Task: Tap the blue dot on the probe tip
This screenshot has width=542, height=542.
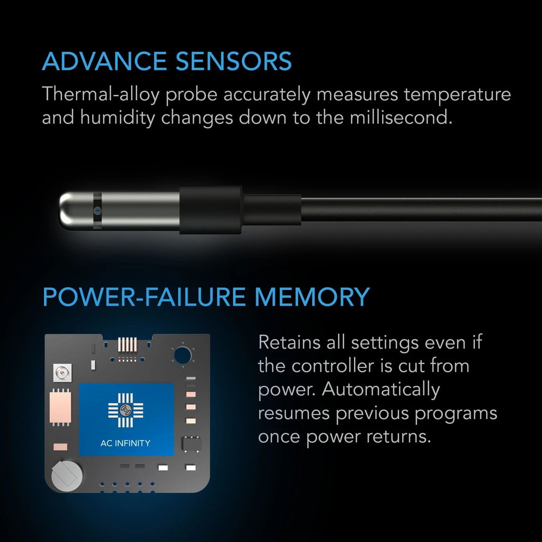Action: coord(97,209)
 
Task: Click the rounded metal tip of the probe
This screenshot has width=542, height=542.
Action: coord(73,209)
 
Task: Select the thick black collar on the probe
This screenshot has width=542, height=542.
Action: coord(210,210)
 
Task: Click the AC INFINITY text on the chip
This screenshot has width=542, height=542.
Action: coord(126,443)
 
